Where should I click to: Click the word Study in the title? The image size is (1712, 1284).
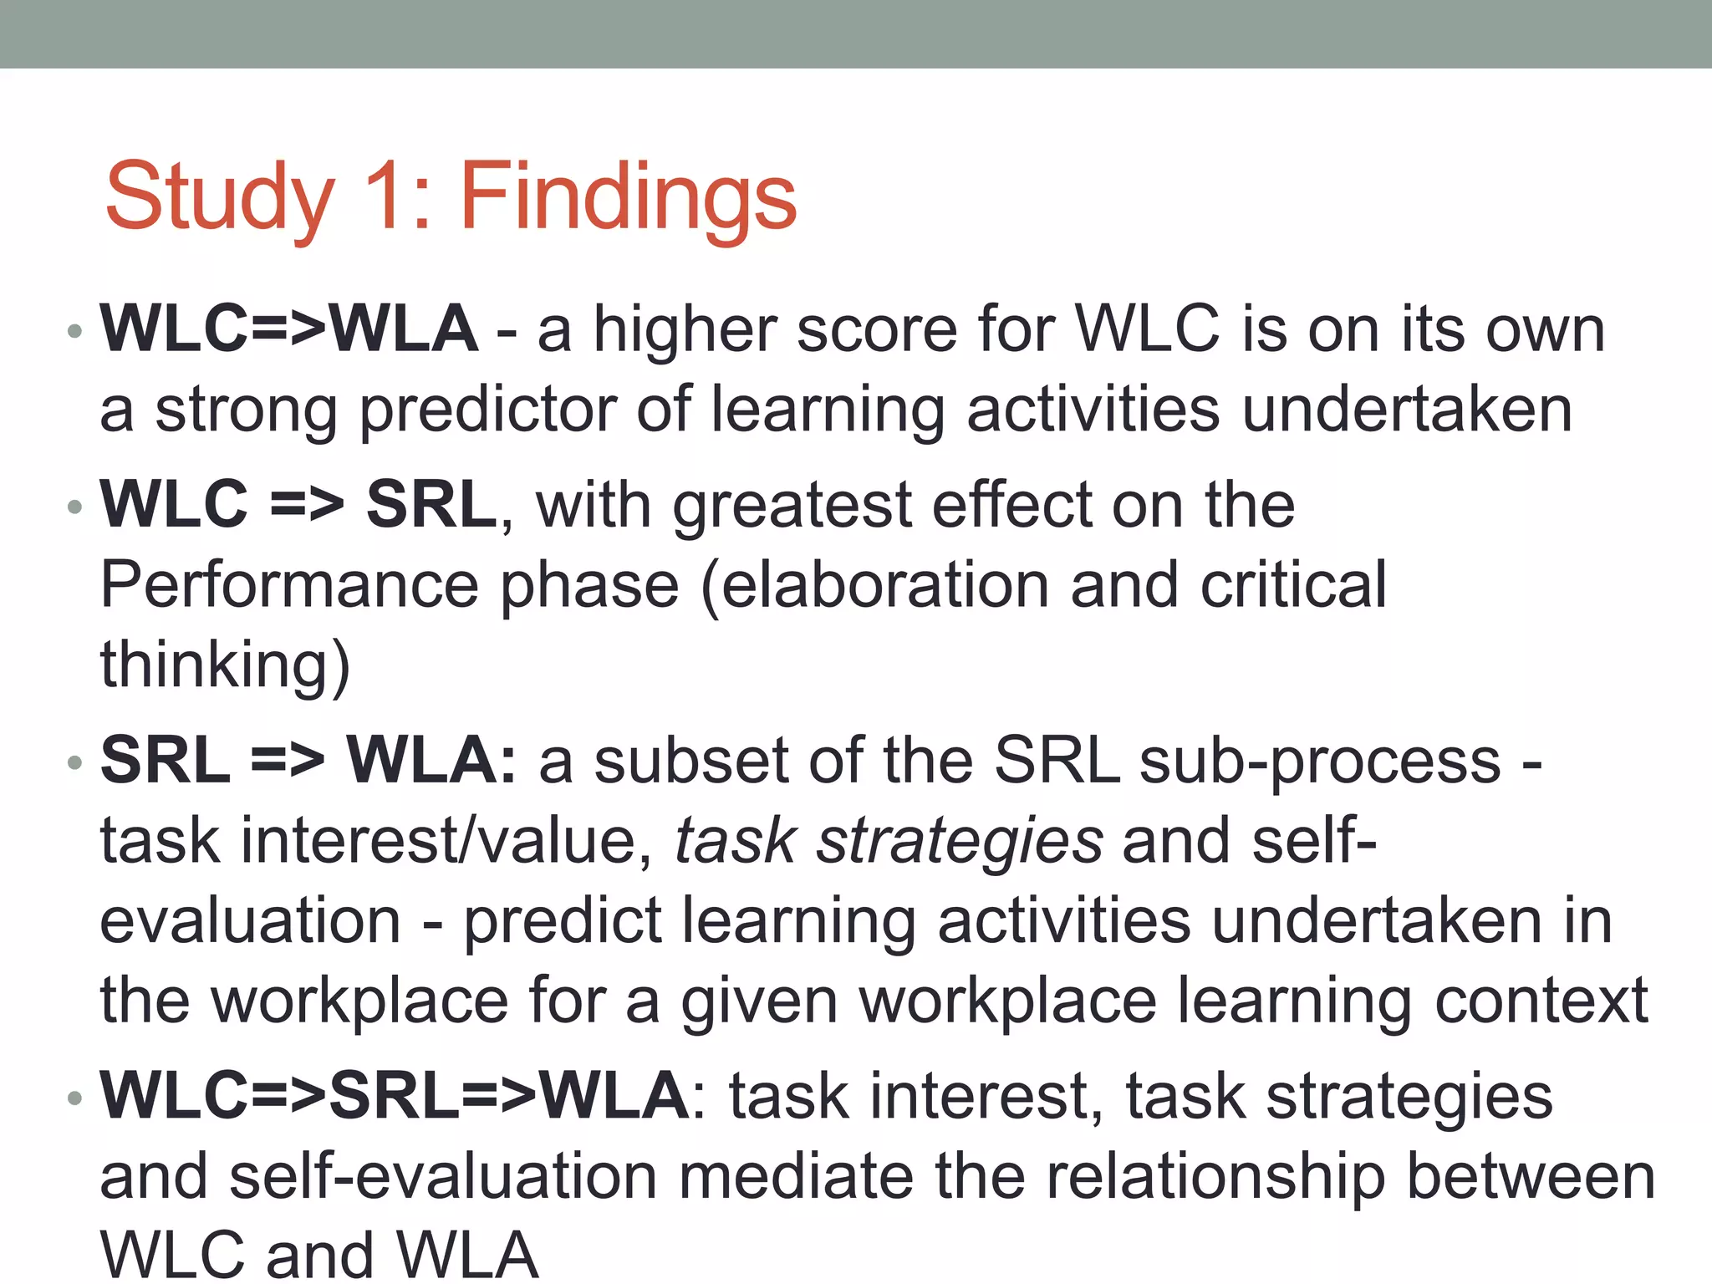[x=219, y=199]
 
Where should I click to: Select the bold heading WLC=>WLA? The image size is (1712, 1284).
[x=289, y=329]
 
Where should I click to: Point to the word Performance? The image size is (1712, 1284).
[x=289, y=585]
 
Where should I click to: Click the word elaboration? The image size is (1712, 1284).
[x=884, y=585]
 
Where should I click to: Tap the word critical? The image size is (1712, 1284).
[x=1293, y=585]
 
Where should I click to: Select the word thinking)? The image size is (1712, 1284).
[x=225, y=665]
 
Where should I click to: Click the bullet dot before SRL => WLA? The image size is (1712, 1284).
[x=75, y=762]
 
